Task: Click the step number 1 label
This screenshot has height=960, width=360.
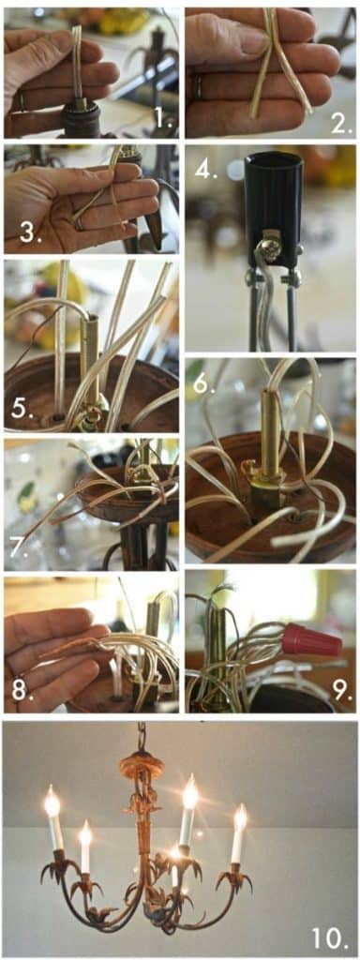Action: pyautogui.click(x=163, y=119)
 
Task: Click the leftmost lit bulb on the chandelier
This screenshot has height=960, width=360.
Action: pyautogui.click(x=52, y=802)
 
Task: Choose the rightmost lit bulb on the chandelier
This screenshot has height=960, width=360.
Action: pyautogui.click(x=241, y=817)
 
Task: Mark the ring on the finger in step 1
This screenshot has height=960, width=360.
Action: pyautogui.click(x=21, y=99)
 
